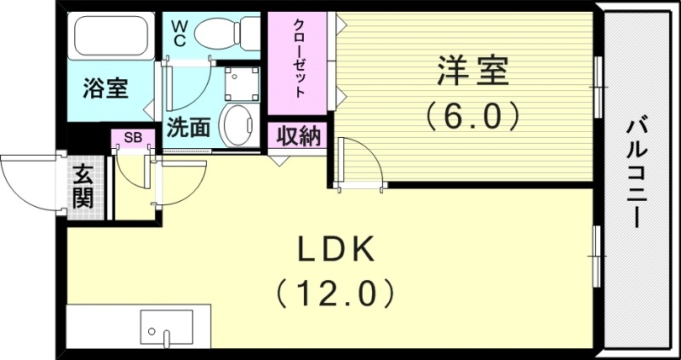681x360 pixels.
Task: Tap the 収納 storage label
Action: [x=298, y=135]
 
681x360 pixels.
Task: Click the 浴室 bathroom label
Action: [x=106, y=89]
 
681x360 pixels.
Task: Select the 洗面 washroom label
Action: [x=188, y=129]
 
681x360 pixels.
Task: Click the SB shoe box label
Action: [x=133, y=136]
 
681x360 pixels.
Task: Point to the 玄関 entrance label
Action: [x=83, y=187]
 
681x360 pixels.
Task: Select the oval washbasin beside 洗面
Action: [x=237, y=124]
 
